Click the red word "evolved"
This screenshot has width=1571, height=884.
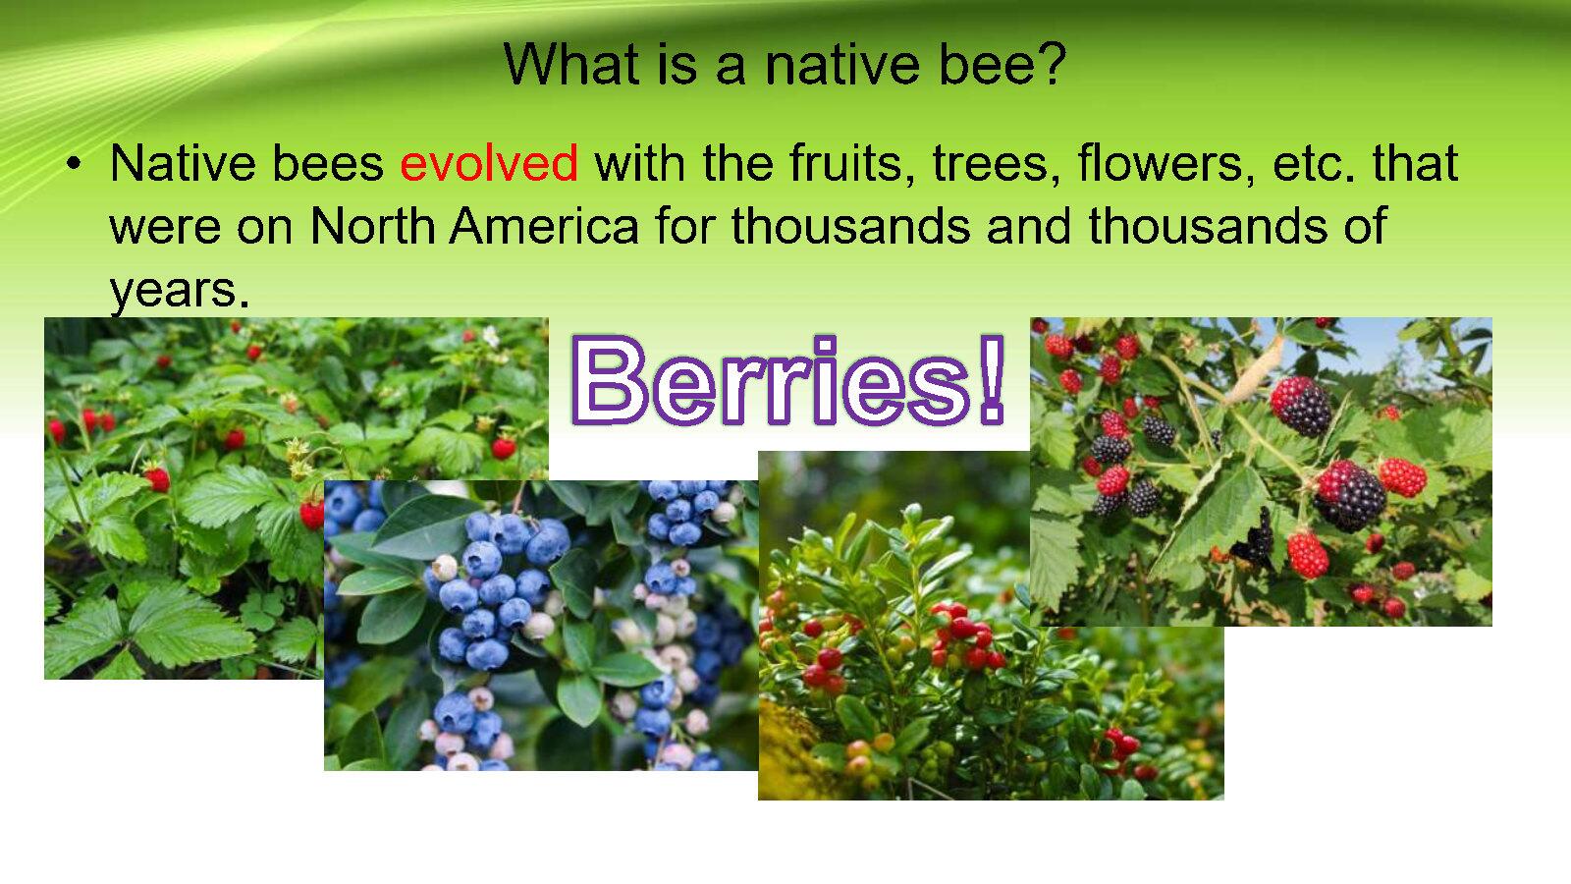489,163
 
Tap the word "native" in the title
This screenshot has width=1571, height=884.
841,64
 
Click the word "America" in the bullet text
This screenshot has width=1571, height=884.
544,226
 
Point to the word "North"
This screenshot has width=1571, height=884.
372,226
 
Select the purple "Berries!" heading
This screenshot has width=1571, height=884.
788,379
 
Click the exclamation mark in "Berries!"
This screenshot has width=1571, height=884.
991,379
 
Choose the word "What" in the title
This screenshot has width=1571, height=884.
571,64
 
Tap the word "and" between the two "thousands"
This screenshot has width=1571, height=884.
1029,226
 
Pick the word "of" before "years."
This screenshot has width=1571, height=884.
1365,226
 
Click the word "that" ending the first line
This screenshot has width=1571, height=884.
1415,163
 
